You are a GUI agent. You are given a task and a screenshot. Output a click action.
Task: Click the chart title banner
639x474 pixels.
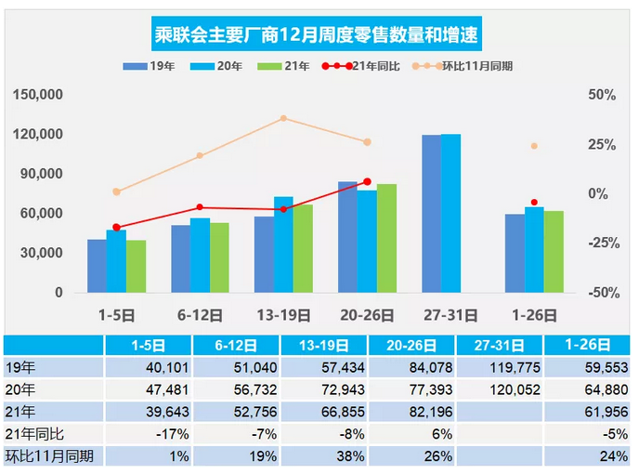point(320,36)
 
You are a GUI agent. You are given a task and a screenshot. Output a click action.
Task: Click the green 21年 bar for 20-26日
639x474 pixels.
point(386,239)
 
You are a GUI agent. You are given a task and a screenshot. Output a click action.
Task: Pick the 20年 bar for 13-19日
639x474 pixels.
point(283,244)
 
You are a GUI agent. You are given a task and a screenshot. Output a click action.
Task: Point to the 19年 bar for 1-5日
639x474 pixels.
point(98,266)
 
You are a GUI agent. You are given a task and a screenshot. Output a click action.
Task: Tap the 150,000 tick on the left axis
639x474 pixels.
point(40,95)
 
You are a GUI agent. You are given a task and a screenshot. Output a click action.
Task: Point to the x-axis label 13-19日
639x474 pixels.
point(283,314)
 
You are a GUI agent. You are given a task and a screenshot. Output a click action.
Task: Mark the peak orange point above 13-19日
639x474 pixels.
point(283,118)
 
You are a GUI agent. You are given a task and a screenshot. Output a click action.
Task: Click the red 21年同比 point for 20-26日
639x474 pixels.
point(367,181)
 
